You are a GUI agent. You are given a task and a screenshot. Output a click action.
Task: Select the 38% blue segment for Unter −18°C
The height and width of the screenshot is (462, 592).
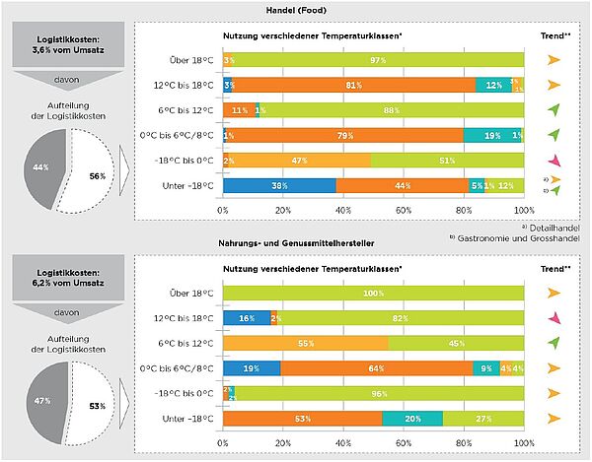point(279,184)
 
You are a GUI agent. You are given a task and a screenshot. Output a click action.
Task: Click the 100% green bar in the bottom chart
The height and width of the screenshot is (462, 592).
point(373,294)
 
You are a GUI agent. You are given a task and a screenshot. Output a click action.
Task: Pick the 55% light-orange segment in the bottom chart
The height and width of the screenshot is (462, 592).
point(305,343)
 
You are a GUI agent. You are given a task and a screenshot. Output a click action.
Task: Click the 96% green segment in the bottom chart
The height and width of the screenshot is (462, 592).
point(380,393)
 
